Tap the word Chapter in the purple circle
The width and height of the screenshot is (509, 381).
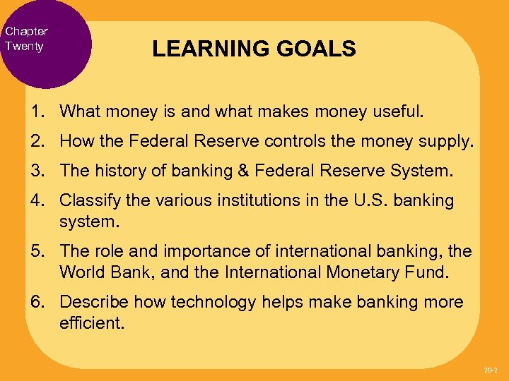point(26,31)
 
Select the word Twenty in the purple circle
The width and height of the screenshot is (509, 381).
point(24,46)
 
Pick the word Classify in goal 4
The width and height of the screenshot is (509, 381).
point(85,200)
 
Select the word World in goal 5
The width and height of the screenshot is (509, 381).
point(80,271)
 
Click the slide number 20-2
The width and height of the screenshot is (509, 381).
point(490,370)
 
